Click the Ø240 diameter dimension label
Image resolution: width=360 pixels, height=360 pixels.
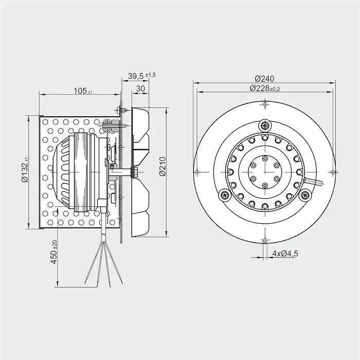264,79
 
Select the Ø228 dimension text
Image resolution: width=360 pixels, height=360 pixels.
259,88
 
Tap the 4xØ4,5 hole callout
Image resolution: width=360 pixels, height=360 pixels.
285,254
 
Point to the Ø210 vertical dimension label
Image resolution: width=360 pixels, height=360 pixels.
163,167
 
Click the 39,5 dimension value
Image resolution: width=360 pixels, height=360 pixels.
136,76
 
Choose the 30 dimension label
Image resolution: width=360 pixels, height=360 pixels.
140,88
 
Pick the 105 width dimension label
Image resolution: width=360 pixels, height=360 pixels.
80,91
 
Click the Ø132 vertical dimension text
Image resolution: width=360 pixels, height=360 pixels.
25,171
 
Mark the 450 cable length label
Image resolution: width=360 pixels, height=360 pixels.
53,257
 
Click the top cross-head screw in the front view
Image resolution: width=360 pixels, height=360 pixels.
265,125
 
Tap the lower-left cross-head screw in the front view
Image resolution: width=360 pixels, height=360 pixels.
224,195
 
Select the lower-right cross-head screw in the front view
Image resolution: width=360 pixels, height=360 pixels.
305,195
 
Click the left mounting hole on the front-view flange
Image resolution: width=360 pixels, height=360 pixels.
197,172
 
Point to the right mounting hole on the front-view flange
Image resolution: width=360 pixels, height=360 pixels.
333,172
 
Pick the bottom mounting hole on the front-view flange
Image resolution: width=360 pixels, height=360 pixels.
265,240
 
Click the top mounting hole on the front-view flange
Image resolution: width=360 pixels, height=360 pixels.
265,104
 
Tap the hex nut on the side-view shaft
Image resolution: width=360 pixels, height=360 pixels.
135,172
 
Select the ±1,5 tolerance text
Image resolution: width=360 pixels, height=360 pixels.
150,75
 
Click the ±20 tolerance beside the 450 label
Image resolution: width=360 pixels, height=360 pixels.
55,244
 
